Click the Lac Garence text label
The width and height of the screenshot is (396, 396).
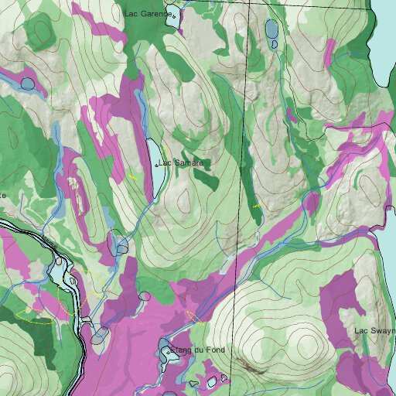tap(147, 13)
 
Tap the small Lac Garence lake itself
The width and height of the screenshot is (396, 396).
tap(176, 15)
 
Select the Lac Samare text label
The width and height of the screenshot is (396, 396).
tap(181, 163)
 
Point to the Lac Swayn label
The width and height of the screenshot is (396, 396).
tap(374, 331)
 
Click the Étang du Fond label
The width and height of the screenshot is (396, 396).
tap(199, 350)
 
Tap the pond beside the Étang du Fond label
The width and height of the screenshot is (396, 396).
tap(168, 353)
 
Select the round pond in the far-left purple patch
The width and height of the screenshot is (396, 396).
tap(28, 83)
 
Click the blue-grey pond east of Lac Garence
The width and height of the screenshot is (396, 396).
tap(272, 30)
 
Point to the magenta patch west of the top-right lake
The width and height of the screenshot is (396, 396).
tap(331, 51)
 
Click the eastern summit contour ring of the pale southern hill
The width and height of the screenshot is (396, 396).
tap(304, 341)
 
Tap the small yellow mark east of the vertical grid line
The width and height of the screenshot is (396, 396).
tap(257, 207)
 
